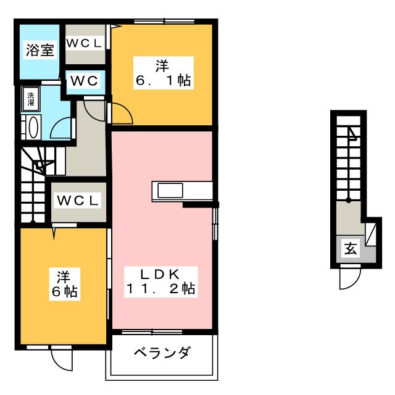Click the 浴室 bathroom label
(x=40, y=50)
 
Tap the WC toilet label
(x=84, y=81)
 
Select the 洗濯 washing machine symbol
(x=31, y=99)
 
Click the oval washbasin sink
(x=33, y=128)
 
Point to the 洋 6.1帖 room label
(x=163, y=73)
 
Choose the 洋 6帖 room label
(x=64, y=284)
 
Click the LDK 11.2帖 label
(x=160, y=281)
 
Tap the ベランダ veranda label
(x=162, y=352)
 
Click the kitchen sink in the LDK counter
(x=170, y=191)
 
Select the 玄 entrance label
(x=351, y=248)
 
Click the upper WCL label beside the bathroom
(x=85, y=43)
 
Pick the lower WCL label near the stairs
(x=78, y=201)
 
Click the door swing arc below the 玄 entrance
(x=350, y=279)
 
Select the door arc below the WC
(x=94, y=111)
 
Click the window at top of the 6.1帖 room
(x=164, y=22)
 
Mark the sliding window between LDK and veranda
(x=152, y=332)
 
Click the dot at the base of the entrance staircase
(x=349, y=201)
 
